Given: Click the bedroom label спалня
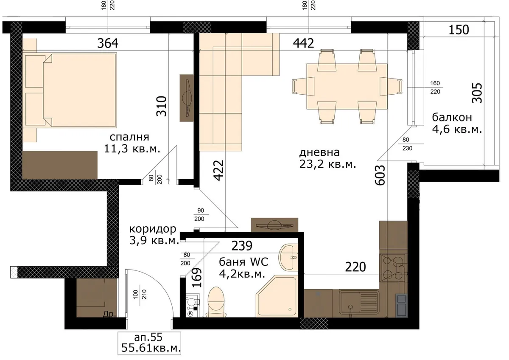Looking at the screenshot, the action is coord(129,137).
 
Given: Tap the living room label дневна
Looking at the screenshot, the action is coord(319,152).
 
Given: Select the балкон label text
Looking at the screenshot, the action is coord(452,117).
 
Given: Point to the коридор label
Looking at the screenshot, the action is coord(153,229).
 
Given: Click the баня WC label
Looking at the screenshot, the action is coord(243,262).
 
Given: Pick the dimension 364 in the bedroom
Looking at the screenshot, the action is coord(108,43).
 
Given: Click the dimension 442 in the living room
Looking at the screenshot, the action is coord(303,43).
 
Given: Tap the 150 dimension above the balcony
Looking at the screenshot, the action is coord(459,30).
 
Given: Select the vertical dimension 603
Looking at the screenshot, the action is coord(380,175).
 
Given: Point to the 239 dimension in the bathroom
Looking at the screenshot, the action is coord(242,246).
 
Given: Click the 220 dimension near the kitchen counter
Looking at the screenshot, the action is coord(355,267).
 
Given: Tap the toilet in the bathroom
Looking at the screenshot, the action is coord(216,302).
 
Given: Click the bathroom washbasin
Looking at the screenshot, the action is coord(288,258).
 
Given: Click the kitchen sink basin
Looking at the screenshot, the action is coord(350,302).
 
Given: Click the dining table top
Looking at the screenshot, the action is coord(347,87).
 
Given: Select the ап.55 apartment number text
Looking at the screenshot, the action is coord(148,337).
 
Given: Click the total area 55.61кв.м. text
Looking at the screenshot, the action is coord(151,348).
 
